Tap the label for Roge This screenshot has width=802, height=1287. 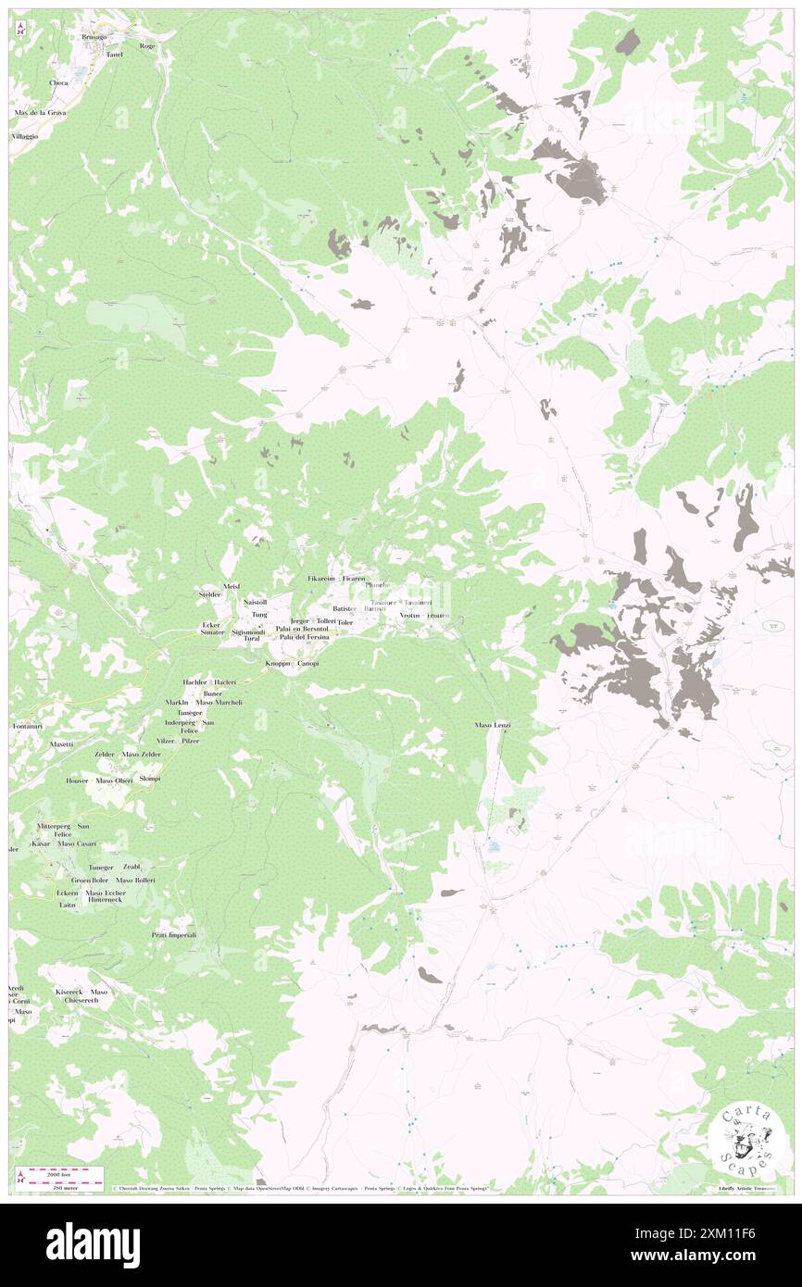tap(146, 45)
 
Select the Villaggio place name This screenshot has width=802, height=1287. tap(25, 136)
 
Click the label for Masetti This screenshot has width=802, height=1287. tap(62, 743)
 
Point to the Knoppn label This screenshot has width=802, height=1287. tap(277, 664)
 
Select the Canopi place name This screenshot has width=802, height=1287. tap(308, 664)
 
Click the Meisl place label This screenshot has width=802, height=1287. tap(232, 586)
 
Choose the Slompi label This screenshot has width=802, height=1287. tap(150, 779)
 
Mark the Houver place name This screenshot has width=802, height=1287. tap(77, 781)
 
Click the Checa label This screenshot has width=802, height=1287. tap(58, 82)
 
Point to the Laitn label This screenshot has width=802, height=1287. tap(67, 905)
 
